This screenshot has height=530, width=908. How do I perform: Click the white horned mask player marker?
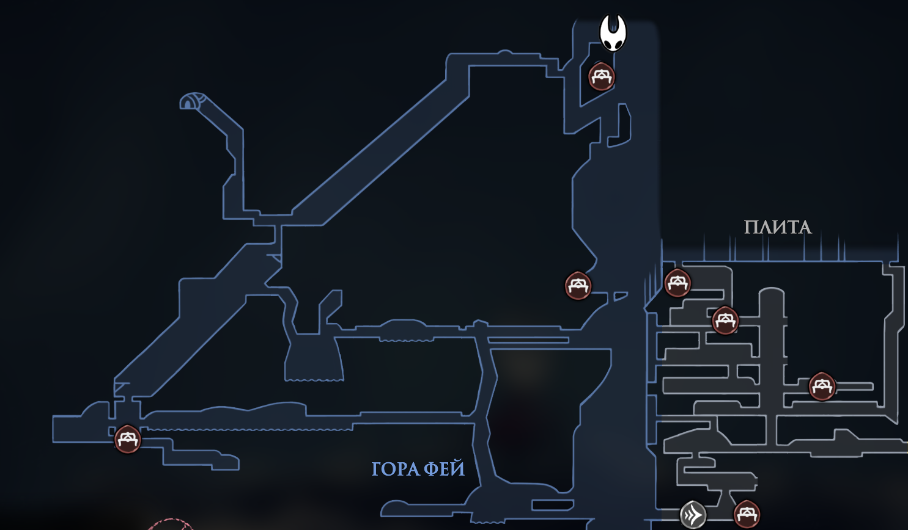tap(613, 33)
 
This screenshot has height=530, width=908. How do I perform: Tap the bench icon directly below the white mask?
tap(602, 76)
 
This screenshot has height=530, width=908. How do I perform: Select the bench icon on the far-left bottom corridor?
tap(128, 439)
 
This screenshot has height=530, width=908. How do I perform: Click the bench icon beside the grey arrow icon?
tap(747, 514)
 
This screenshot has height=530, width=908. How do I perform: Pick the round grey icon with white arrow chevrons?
tap(693, 515)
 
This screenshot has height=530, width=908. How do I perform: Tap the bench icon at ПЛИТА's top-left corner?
tap(677, 283)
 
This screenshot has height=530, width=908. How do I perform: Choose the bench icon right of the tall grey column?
tap(822, 387)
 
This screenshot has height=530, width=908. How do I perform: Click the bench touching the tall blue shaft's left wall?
tap(578, 286)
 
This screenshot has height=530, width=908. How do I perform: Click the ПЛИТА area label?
tap(778, 228)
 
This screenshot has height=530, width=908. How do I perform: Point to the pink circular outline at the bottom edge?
tap(169, 524)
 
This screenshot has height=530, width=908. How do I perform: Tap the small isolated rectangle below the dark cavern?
tap(553, 505)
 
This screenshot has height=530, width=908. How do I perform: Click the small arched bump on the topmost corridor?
tap(504, 52)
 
